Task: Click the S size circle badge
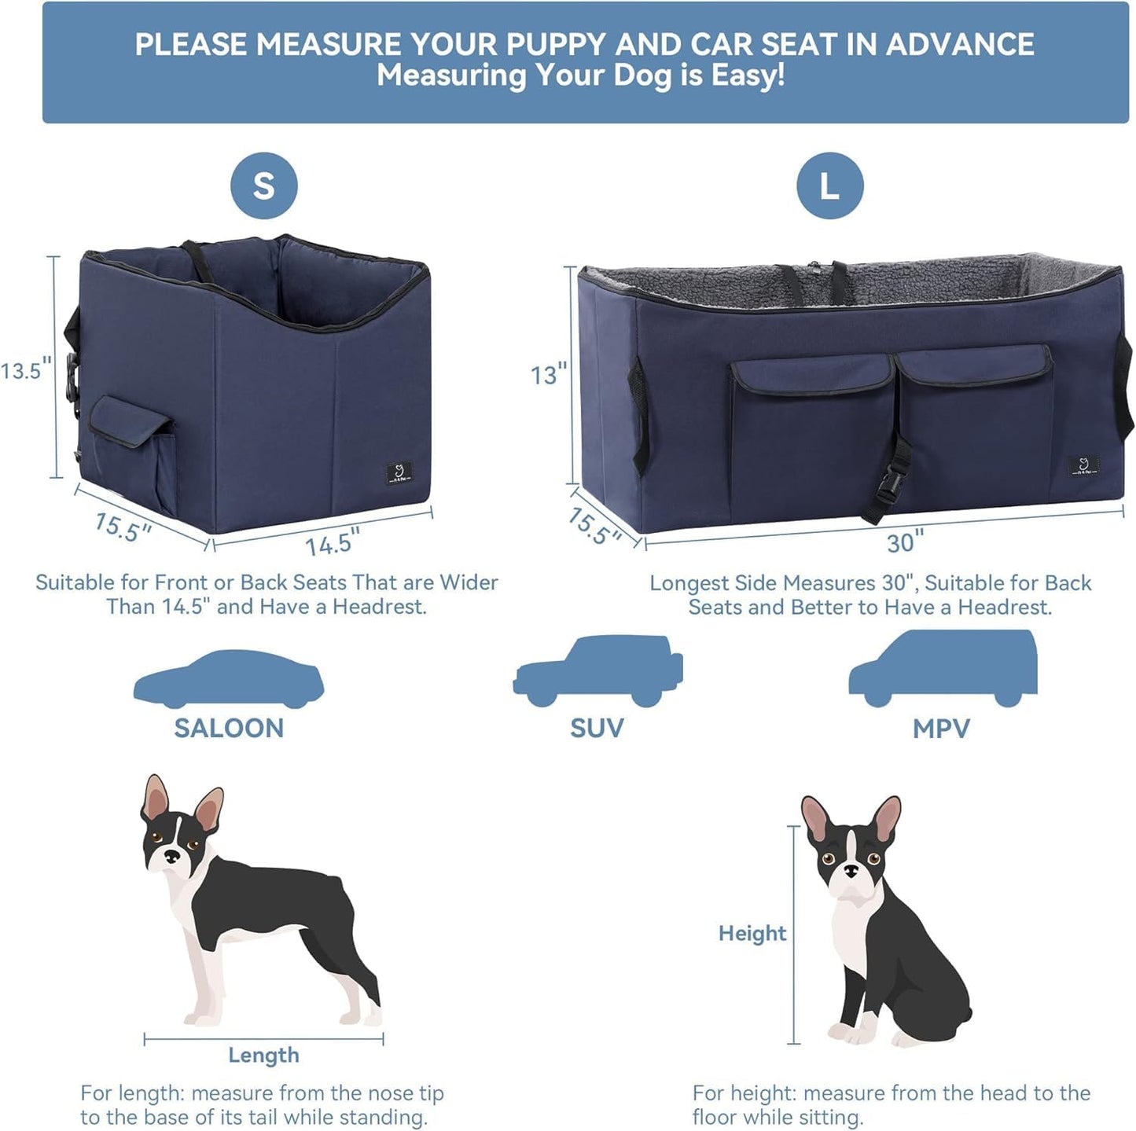(x=263, y=186)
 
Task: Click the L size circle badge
(x=829, y=186)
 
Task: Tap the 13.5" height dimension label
(x=27, y=370)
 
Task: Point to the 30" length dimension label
(x=905, y=542)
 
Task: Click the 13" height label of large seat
(x=548, y=375)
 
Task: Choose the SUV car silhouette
(x=597, y=672)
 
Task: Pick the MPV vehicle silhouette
(x=943, y=668)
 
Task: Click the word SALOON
(x=229, y=728)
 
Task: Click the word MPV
(x=941, y=729)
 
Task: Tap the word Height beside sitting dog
(x=752, y=933)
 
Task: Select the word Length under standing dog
(x=263, y=1055)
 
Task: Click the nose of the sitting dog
(x=850, y=871)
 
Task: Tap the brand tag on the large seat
(x=1083, y=466)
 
